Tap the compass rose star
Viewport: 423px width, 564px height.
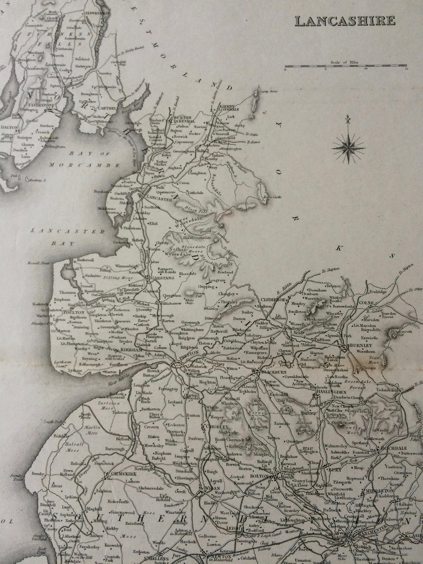(348, 147)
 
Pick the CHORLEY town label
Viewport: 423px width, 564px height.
(214, 427)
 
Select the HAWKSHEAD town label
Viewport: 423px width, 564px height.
(98, 13)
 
